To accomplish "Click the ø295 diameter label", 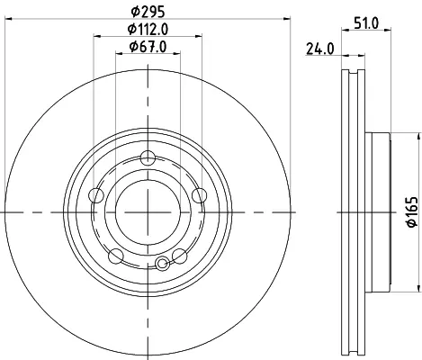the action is (x=148, y=12).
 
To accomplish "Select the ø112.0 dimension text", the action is (x=148, y=29).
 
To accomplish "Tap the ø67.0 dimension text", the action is (x=148, y=47).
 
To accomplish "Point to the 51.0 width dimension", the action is (x=366, y=23).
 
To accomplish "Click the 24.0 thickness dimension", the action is (x=319, y=49).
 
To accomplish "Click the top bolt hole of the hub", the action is (x=148, y=158).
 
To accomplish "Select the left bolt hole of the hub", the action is (x=96, y=196).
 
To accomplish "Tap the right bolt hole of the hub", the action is (x=200, y=196).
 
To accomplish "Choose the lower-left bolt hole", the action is (x=116, y=256).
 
